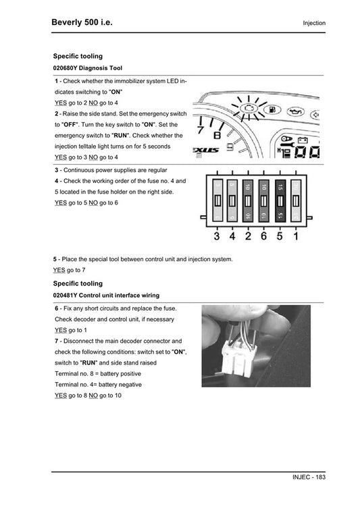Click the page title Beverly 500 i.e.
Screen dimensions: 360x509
(82, 22)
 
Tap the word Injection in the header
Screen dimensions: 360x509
(314, 23)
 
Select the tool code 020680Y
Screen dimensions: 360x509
(65, 68)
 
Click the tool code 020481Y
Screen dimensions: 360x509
(65, 296)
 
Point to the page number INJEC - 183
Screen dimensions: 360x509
(309, 477)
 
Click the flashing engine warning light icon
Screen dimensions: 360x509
(249, 108)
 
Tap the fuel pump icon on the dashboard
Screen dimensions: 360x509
(272, 110)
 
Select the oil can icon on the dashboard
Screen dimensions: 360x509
(296, 112)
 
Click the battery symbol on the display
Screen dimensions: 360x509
(303, 140)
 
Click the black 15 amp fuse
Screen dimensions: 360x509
(280, 201)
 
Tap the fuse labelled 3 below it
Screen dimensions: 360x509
(217, 201)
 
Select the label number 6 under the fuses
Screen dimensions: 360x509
(263, 236)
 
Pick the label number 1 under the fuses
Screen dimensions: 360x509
(296, 236)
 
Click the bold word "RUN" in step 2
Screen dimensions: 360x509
(120, 136)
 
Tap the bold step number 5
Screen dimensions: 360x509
(55, 259)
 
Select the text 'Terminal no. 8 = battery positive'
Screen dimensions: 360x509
(98, 373)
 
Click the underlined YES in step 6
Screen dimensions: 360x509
(61, 330)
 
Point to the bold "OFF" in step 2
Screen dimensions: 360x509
(70, 125)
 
